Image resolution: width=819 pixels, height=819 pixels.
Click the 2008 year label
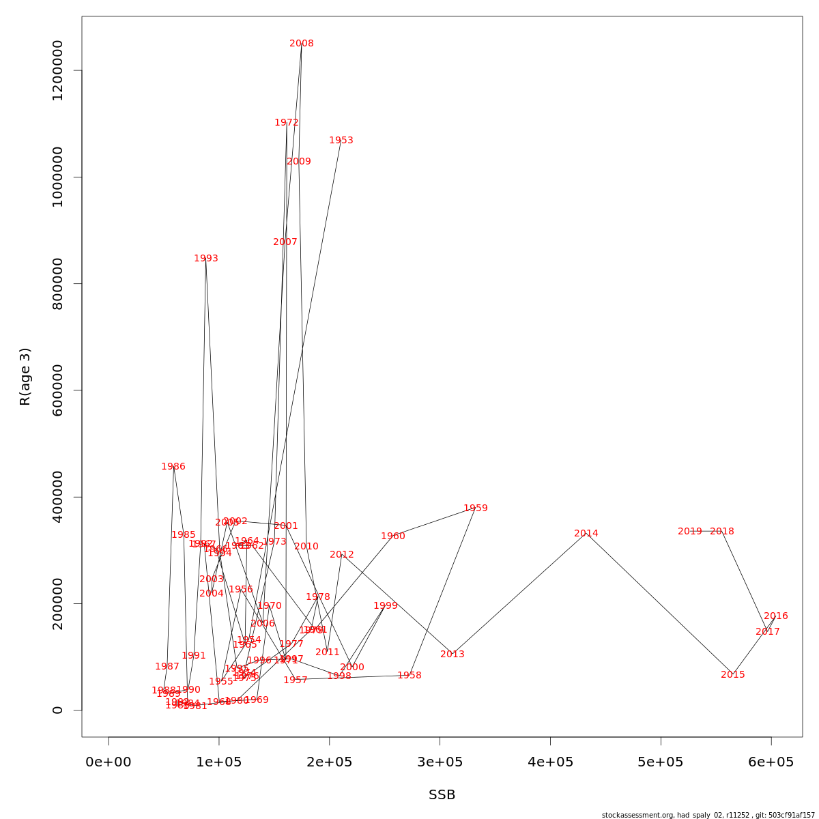pos(302,44)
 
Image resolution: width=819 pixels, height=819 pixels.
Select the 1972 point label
pos(287,123)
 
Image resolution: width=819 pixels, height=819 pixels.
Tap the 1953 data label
pos(341,141)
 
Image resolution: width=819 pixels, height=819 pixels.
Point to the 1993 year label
pos(206,259)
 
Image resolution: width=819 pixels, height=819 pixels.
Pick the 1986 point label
pos(173,467)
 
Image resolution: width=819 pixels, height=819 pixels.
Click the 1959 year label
pos(476,508)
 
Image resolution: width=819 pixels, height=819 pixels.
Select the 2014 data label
pos(586,534)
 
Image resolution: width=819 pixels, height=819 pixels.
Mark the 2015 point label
pos(733,675)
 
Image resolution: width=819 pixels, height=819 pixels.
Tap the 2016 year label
pos(776,616)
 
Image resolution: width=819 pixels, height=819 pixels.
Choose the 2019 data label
pos(690,532)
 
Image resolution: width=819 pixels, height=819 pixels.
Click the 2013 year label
pos(452,655)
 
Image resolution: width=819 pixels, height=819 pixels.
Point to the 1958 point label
pos(409,676)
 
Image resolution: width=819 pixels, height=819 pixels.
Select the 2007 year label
pos(285,242)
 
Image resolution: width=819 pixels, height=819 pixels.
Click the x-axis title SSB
pos(442,795)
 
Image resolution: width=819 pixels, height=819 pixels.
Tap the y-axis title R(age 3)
pos(25,377)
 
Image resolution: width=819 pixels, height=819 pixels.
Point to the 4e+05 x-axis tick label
pos(551,762)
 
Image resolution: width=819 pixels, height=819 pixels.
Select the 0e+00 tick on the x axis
pos(109,762)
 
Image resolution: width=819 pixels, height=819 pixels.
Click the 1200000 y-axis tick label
pos(57,70)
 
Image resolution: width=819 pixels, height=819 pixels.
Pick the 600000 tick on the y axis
pos(57,390)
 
